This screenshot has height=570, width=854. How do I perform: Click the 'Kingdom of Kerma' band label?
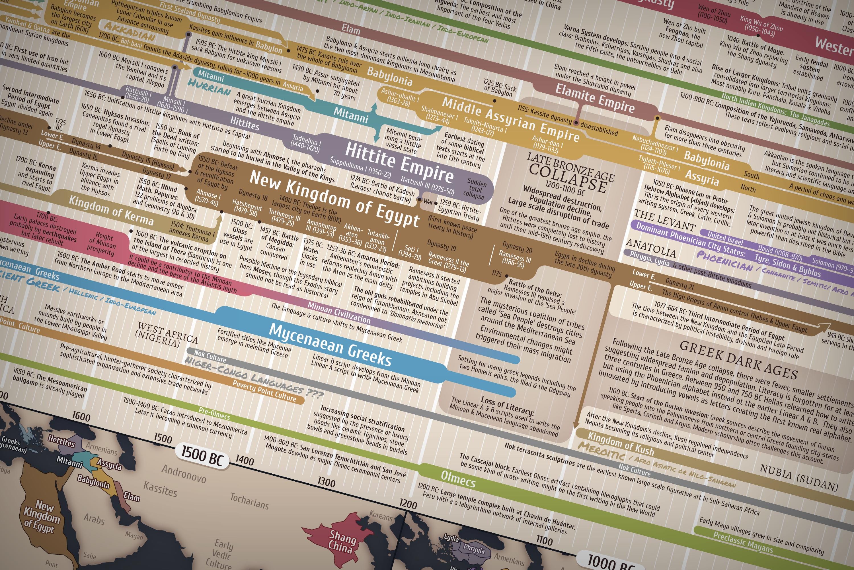coord(111,210)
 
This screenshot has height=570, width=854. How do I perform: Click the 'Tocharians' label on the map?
coord(249,501)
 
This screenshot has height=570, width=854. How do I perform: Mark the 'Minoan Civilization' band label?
coord(339,313)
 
